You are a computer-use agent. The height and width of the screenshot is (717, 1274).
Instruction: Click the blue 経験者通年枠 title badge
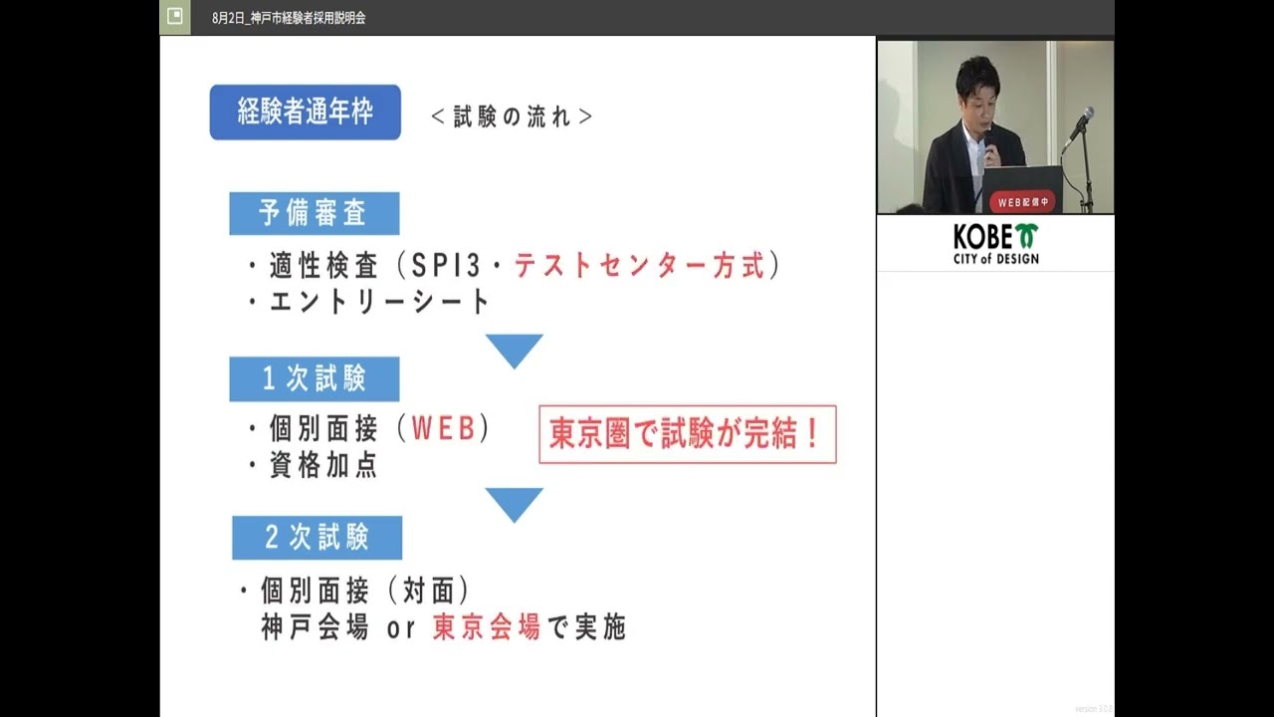[x=305, y=112]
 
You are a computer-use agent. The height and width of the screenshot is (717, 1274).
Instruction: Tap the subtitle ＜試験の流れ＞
[x=512, y=117]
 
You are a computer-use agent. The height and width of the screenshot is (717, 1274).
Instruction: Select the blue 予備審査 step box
[x=314, y=213]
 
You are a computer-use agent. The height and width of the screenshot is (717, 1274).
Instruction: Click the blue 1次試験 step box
[x=314, y=378]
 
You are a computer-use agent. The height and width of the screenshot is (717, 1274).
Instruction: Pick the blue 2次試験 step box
[x=317, y=538]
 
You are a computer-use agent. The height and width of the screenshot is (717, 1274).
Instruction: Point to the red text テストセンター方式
[x=640, y=266]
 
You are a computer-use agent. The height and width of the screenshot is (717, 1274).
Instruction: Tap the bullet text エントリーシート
[x=379, y=301]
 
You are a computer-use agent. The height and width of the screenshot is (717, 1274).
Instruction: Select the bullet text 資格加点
[x=323, y=465]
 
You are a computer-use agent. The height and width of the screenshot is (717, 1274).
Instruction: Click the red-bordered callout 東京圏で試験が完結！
[x=687, y=434]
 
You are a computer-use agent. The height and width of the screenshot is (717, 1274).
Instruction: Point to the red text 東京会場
[x=487, y=627]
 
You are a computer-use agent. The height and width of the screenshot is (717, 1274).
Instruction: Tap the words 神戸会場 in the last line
[x=315, y=627]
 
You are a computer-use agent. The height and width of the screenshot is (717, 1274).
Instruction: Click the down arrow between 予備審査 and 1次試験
[x=514, y=350]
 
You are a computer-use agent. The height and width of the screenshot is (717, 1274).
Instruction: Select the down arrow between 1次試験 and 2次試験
[x=514, y=504]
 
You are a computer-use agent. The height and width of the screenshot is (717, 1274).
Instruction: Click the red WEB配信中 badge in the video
[x=1024, y=202]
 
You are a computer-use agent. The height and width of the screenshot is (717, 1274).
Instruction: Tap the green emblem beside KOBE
[x=1026, y=236]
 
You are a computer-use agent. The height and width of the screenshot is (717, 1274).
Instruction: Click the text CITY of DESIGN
[x=995, y=259]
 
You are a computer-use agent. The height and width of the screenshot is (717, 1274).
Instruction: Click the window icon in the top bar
[x=175, y=17]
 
